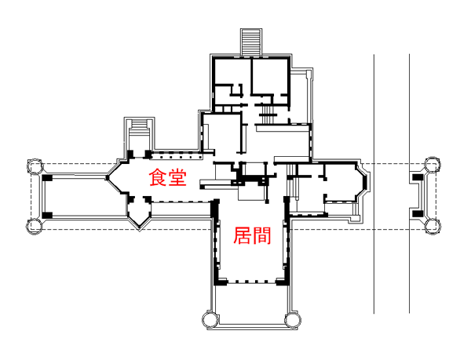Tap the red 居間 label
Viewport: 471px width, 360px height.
(252, 235)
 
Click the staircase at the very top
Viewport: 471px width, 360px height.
(251, 42)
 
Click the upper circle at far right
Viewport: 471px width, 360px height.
(432, 165)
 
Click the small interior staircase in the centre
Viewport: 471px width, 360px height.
(265, 117)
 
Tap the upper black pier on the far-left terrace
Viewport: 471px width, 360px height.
(46, 178)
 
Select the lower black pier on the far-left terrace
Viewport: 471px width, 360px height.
(46, 213)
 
